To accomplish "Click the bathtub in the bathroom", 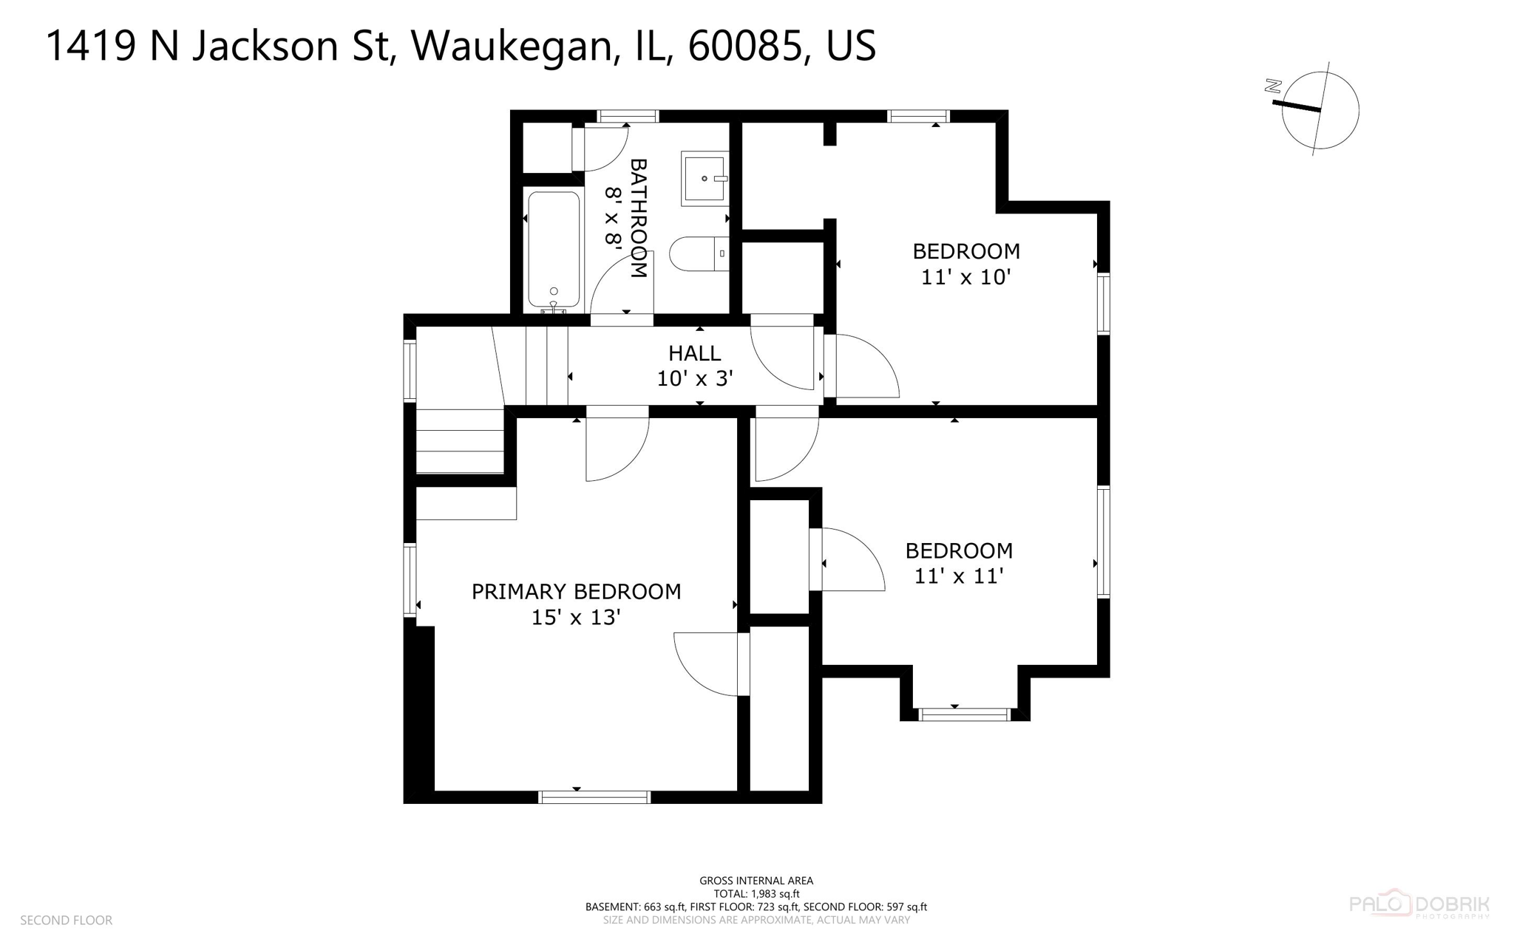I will pos(554,250).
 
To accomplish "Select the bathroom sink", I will pos(704,178).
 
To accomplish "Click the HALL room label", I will pos(694,353).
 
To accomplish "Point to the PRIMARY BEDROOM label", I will pos(576,591).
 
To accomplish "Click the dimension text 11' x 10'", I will pos(965,277).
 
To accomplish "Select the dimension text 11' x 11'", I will pos(958,576).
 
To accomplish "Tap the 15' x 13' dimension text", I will pos(575,617).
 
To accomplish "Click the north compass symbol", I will pos(1319,109).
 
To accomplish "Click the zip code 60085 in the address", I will pos(745,46).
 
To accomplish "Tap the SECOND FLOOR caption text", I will pos(66,920).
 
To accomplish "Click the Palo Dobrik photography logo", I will pos(1419,904).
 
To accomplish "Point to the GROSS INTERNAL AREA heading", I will pos(756,880).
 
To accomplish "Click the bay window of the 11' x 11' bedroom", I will pos(963,714).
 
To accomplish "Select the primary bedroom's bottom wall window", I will pos(594,796).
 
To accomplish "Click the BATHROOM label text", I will pos(638,218).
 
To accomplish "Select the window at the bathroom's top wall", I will pos(627,116).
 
